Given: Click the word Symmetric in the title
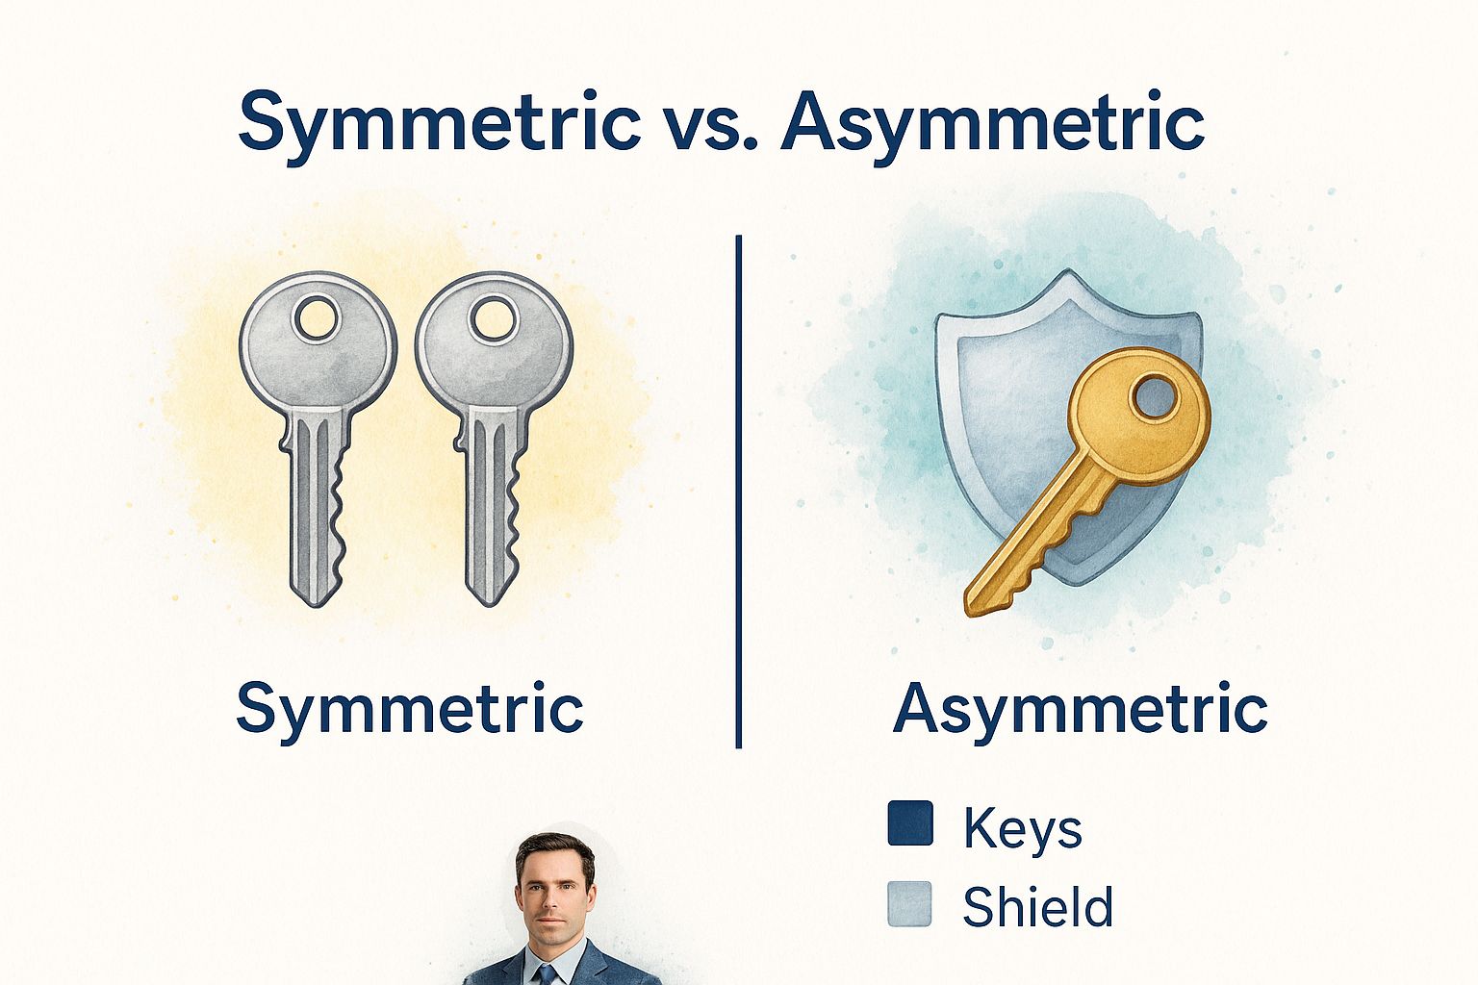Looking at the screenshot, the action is point(440,125).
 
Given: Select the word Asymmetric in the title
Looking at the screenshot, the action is point(992,125).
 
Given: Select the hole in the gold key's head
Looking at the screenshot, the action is point(1156,396).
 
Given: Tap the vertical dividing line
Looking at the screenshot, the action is point(738,492).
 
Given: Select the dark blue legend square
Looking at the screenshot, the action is point(910,822).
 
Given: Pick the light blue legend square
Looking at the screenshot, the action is point(910,904).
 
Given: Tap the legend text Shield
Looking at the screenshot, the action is point(1038,906).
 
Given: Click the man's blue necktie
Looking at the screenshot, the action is point(547,975).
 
